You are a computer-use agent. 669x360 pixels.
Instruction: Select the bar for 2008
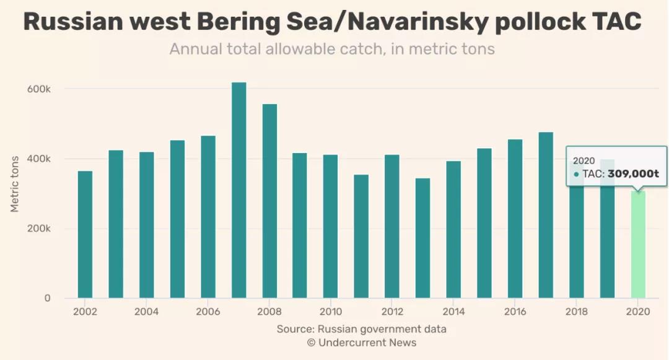pos(269,201)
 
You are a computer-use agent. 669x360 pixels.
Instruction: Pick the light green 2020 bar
pos(638,244)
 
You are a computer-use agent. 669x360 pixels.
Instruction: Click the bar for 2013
pos(423,238)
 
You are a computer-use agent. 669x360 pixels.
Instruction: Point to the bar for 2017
pos(546,215)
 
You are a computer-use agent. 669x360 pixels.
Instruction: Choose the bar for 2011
pos(362,236)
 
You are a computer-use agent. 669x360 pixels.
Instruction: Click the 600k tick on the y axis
pos(39,89)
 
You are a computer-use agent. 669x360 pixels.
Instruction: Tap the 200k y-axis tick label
pos(39,229)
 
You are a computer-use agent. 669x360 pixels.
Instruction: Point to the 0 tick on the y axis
pos(46,298)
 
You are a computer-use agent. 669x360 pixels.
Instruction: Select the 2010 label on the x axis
pos(331,312)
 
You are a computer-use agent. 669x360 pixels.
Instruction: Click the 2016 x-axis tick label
pos(515,312)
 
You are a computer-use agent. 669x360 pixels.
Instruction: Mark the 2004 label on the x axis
pos(146,312)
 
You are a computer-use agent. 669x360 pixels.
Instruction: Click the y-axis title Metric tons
pos(15,184)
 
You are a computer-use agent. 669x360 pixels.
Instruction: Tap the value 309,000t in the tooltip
pos(633,174)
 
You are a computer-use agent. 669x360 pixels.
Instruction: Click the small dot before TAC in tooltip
pos(576,175)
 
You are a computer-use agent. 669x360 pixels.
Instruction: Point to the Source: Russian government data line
pos(362,329)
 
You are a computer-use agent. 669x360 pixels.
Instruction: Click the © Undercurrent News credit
pos(362,343)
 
